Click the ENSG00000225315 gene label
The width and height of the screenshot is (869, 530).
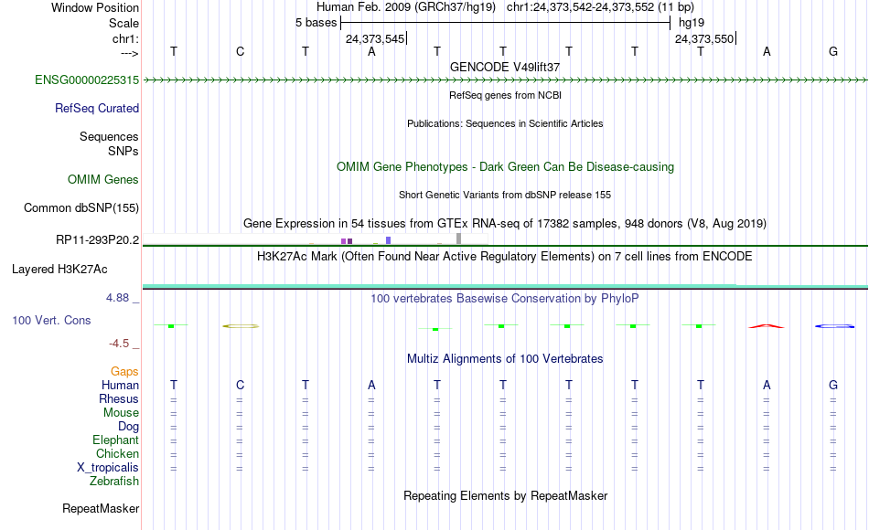(87, 79)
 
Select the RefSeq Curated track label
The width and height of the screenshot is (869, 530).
(97, 108)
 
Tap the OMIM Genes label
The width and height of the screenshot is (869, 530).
(103, 179)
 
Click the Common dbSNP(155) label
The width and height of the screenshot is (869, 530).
(81, 207)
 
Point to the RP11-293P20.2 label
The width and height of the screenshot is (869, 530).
(98, 239)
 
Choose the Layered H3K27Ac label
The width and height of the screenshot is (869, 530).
(59, 270)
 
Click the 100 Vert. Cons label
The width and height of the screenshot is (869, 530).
(51, 320)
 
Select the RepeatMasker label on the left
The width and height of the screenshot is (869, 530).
(101, 508)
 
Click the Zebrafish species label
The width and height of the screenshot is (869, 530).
(114, 481)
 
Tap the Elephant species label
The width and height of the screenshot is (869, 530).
(116, 440)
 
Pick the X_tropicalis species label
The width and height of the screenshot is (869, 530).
(108, 467)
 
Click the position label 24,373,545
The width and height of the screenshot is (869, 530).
(375, 38)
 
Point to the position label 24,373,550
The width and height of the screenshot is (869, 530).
(704, 38)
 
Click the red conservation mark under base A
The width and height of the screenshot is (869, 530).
(767, 326)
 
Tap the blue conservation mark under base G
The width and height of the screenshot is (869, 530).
(834, 326)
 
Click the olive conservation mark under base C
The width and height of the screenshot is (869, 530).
(241, 326)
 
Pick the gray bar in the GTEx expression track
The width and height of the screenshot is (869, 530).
(458, 238)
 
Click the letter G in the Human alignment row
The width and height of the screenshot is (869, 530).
(833, 385)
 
